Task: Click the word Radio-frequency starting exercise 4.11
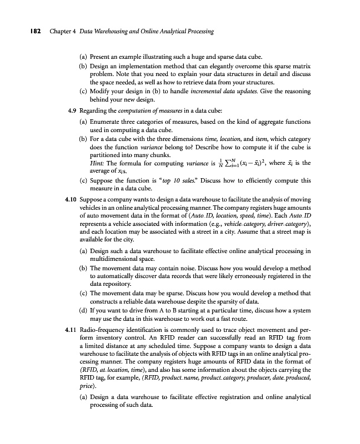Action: (x=106, y=330)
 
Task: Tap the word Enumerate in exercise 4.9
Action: (x=108, y=120)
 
